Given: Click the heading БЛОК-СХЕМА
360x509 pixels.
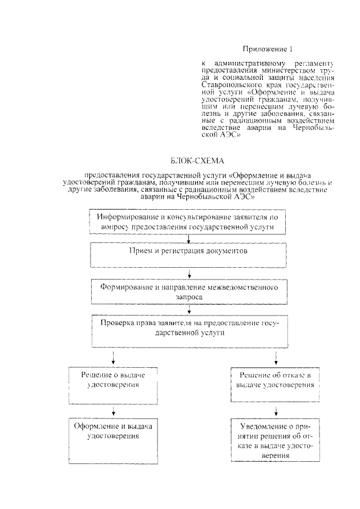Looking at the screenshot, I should (189, 161).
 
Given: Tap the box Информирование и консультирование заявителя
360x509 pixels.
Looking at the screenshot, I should (190, 221).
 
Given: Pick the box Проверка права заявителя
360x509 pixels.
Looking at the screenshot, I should (190, 332).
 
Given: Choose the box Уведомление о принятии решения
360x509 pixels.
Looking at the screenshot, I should (276, 439).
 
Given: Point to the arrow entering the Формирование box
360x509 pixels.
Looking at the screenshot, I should (190, 274).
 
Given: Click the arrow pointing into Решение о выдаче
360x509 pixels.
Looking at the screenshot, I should (114, 358).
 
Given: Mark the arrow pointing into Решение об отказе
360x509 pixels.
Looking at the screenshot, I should (276, 358).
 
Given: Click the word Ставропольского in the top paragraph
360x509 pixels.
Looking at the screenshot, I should (229, 84).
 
